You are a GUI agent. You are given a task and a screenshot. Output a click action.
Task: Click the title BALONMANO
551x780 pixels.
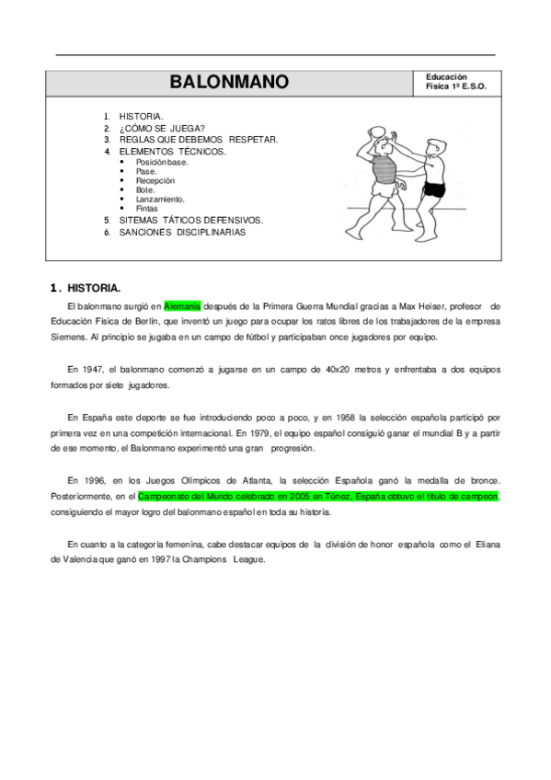229,83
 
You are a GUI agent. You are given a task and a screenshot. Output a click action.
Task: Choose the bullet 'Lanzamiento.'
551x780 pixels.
159,199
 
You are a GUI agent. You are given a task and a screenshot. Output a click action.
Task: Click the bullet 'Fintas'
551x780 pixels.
146,208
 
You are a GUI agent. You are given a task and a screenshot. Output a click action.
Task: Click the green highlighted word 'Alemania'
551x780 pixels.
182,305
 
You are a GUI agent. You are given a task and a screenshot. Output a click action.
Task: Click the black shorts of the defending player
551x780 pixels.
433,190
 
